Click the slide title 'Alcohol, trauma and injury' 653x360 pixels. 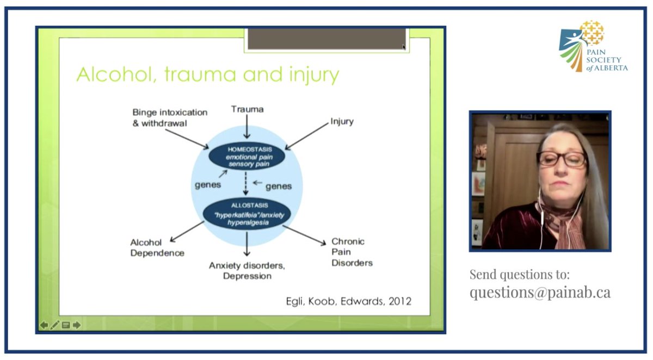[x=207, y=75]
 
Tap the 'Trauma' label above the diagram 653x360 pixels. [x=247, y=109]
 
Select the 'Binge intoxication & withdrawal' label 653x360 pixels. [x=170, y=117]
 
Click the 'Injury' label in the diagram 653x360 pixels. [x=342, y=121]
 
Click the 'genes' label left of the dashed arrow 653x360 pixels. [x=208, y=184]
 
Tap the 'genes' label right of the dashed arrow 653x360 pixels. [x=279, y=186]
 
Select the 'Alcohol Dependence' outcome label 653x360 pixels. [x=157, y=247]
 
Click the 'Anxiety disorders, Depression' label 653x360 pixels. [x=247, y=270]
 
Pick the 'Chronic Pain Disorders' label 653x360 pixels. [x=352, y=252]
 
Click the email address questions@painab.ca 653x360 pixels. [x=540, y=292]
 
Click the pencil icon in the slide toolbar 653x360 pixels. [x=54, y=325]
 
